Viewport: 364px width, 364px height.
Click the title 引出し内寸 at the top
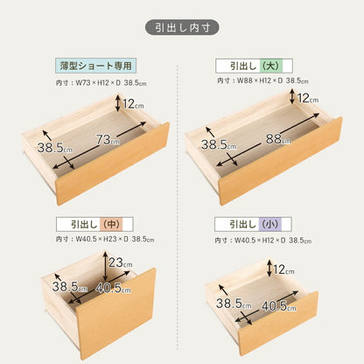pos(181,27)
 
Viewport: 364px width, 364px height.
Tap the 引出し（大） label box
pos(253,66)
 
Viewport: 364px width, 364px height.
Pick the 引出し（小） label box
pos(254,223)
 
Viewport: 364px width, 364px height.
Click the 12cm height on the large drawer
pos(305,99)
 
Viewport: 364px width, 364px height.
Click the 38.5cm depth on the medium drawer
pos(66,286)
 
